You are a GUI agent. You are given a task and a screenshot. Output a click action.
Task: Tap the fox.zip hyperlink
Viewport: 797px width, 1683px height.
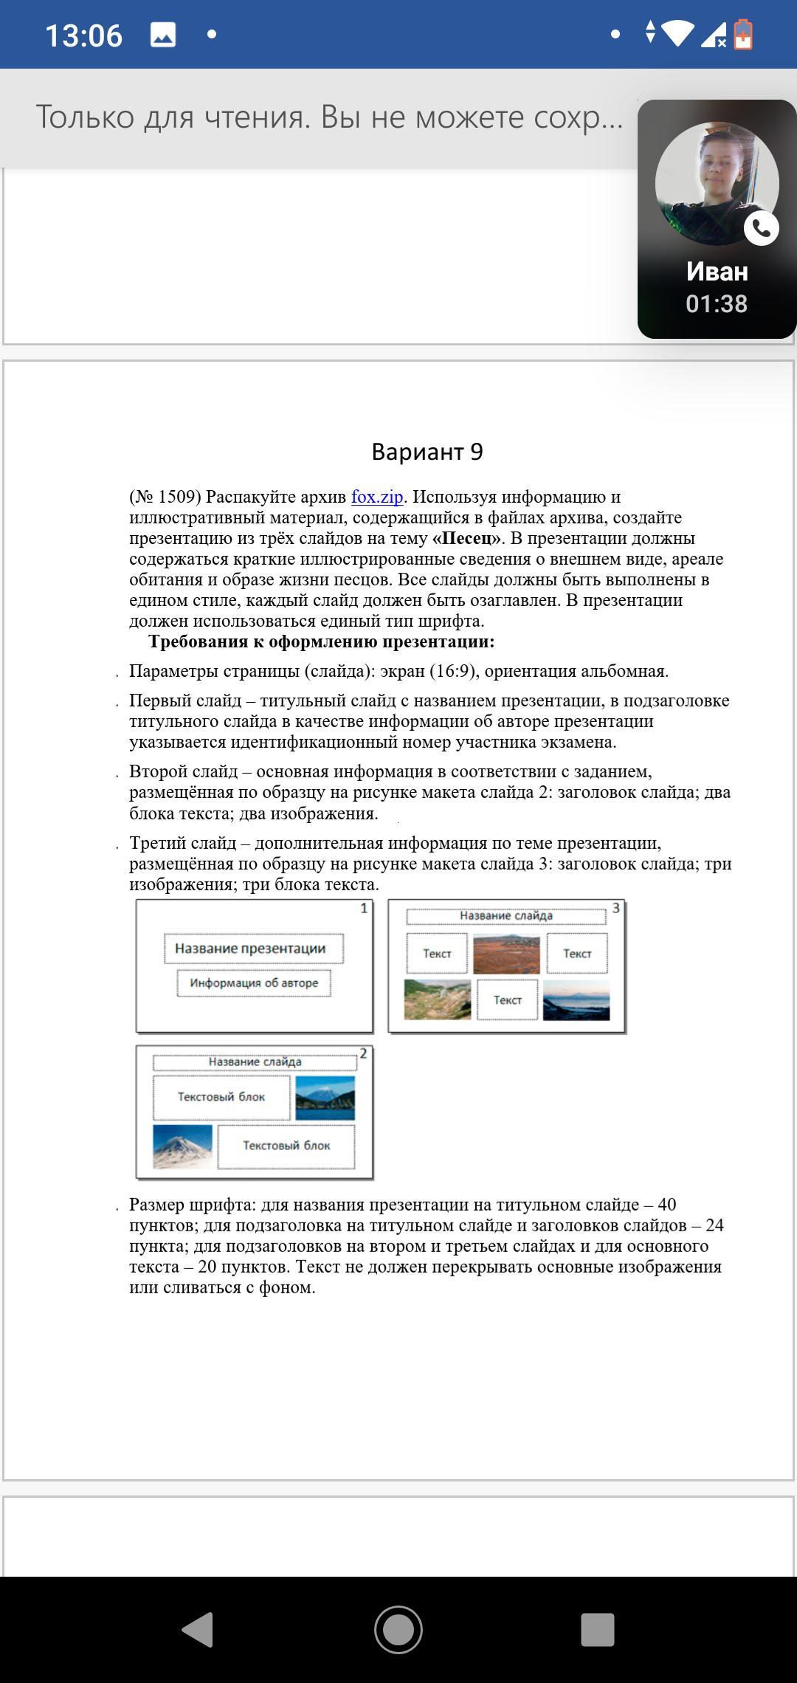pyautogui.click(x=377, y=497)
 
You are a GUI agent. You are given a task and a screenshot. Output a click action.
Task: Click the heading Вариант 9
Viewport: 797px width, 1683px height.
pyautogui.click(x=427, y=452)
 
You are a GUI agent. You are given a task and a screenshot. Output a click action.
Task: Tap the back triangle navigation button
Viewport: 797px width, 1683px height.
pyautogui.click(x=198, y=1629)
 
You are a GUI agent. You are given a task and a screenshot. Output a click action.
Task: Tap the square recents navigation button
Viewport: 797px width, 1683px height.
pyautogui.click(x=598, y=1629)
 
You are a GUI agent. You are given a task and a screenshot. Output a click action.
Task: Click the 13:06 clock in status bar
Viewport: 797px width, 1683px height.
pyautogui.click(x=83, y=35)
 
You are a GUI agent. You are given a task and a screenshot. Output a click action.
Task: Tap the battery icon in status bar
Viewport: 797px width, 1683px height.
pyautogui.click(x=743, y=35)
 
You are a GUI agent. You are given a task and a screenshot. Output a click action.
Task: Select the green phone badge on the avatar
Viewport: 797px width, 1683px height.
pyautogui.click(x=761, y=228)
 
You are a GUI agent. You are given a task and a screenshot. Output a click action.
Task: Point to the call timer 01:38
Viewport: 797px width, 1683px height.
pyautogui.click(x=717, y=304)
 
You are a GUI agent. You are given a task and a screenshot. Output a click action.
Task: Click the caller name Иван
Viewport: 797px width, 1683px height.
pyautogui.click(x=717, y=272)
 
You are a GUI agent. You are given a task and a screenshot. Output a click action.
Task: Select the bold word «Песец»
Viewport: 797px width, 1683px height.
pyautogui.click(x=466, y=538)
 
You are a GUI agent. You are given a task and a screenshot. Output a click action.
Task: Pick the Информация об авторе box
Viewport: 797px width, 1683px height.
pyautogui.click(x=254, y=983)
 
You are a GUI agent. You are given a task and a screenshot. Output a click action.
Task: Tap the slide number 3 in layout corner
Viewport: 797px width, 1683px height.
pyautogui.click(x=615, y=909)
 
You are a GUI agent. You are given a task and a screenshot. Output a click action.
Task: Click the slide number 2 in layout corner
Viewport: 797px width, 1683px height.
pyautogui.click(x=363, y=1054)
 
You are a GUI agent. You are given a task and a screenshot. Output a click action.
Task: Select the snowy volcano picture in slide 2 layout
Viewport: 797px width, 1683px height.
pyautogui.click(x=182, y=1146)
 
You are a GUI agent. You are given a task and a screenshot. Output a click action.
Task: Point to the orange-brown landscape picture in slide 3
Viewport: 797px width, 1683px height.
pyautogui.click(x=506, y=954)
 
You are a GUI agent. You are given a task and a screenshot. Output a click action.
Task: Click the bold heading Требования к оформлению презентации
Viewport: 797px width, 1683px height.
pyautogui.click(x=321, y=641)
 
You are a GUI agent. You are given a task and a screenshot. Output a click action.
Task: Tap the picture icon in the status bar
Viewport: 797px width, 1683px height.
pyautogui.click(x=162, y=35)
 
